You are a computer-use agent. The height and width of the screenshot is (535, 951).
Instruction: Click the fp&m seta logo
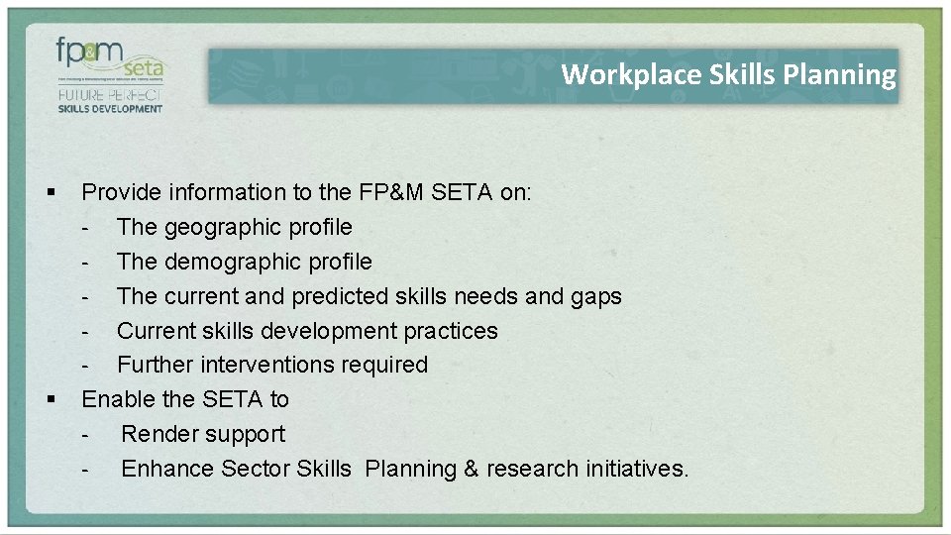[x=109, y=61]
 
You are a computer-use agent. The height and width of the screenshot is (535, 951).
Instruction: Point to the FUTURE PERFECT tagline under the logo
[x=109, y=96]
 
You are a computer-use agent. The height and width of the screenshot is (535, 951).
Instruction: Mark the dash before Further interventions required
[x=87, y=366]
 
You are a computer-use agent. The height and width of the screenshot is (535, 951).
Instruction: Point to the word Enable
[x=117, y=399]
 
